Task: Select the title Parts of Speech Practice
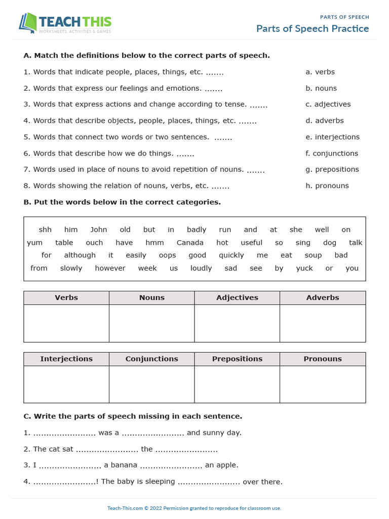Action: pos(312,28)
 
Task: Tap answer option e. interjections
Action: pos(332,137)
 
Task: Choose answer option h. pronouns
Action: pos(327,186)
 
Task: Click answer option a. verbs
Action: pos(320,72)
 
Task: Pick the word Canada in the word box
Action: pos(190,243)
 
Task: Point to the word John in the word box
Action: pos(99,230)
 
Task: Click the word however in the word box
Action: pos(110,268)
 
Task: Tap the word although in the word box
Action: pos(80,255)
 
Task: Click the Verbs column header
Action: pos(66,298)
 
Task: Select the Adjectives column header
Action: pos(237,298)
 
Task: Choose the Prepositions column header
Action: pos(237,359)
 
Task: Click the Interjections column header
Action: pos(66,359)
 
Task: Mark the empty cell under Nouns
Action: pos(151,323)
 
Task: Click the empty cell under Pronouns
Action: pos(323,384)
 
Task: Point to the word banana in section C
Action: pos(123,465)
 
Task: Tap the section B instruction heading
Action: pos(122,202)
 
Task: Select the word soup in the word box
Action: pos(313,255)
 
